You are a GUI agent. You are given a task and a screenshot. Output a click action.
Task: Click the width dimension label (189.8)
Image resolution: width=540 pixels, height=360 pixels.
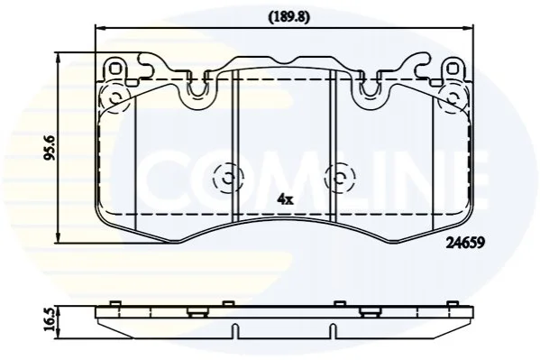tap(289, 17)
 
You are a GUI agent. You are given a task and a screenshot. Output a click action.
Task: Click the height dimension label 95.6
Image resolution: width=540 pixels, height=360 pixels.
tap(50, 148)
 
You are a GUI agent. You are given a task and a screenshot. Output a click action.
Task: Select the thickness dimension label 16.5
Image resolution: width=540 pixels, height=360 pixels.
tap(50, 320)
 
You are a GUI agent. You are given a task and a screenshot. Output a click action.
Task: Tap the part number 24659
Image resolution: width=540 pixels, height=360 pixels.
tap(465, 244)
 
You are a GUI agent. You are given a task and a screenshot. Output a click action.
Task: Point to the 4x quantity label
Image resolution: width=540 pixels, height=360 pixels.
tap(286, 199)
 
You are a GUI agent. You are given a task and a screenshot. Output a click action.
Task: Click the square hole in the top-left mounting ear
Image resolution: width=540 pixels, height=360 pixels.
tap(115, 69)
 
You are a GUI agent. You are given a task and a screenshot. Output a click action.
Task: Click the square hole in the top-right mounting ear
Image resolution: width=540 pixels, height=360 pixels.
tap(453, 69)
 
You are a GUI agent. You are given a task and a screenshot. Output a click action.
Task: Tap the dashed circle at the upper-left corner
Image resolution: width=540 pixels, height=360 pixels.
tap(114, 97)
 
